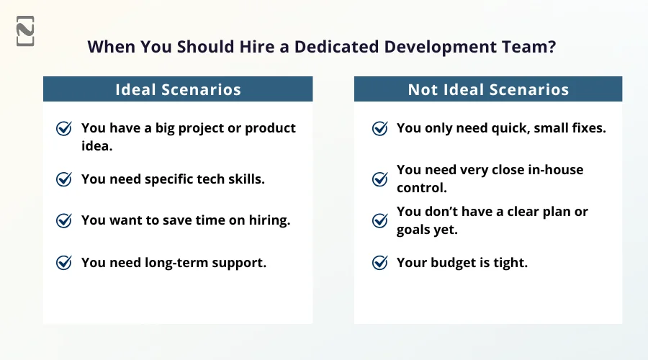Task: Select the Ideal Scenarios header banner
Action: tap(178, 89)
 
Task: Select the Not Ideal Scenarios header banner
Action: tap(488, 89)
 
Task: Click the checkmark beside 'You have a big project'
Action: tap(64, 129)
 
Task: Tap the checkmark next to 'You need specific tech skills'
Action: tap(64, 179)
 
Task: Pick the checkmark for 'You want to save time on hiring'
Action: tap(64, 221)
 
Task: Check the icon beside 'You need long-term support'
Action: tap(64, 263)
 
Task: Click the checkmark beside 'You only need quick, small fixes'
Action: tap(379, 129)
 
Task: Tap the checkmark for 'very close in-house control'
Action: tap(379, 179)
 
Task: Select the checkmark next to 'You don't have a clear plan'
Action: tap(379, 221)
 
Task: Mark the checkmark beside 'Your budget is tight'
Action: tap(379, 263)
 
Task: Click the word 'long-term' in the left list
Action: tap(186, 263)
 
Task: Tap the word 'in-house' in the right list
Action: tap(554, 170)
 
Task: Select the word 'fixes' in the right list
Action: tap(586, 128)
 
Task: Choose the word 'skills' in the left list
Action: tap(243, 179)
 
